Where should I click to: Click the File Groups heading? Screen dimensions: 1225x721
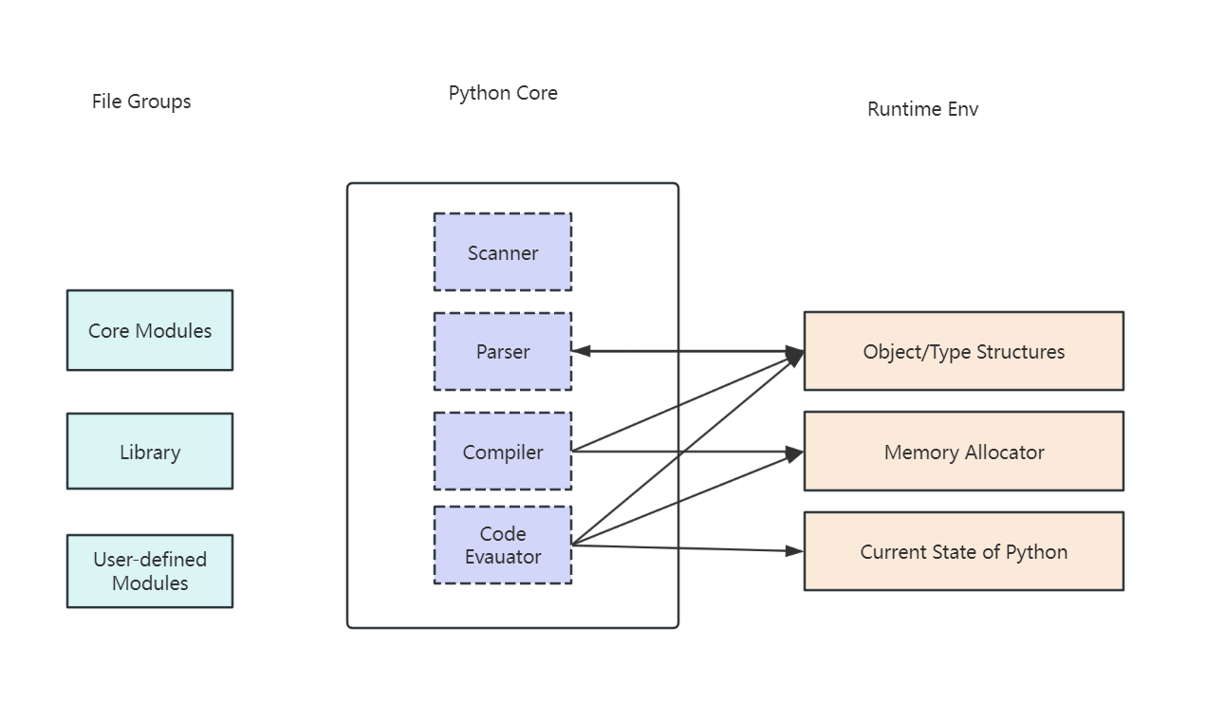pos(141,102)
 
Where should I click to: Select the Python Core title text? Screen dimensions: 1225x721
pos(503,94)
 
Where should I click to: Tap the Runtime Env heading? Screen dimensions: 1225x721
pos(922,109)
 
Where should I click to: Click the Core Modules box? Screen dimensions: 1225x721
pos(150,330)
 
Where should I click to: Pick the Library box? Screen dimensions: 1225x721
pos(150,451)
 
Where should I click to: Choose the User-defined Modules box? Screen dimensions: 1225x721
pos(150,571)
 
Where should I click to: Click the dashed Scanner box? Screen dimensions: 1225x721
pos(503,252)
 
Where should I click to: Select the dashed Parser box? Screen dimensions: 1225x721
pos(503,351)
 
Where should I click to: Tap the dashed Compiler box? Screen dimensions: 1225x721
pos(503,451)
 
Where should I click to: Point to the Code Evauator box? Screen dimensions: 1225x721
pos(503,545)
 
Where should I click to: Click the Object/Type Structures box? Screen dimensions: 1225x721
pos(964,351)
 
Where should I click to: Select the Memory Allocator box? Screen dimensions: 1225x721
pos(964,452)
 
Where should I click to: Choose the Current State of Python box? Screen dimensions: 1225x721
pos(964,551)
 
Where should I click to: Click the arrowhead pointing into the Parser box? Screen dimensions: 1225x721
pos(581,351)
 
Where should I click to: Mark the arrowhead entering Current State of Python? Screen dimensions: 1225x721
pos(794,551)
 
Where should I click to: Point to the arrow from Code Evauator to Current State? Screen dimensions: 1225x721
pos(687,547)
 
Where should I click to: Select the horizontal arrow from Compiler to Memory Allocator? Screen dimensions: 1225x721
pos(687,452)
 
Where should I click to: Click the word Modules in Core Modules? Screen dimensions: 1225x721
pos(174,331)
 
